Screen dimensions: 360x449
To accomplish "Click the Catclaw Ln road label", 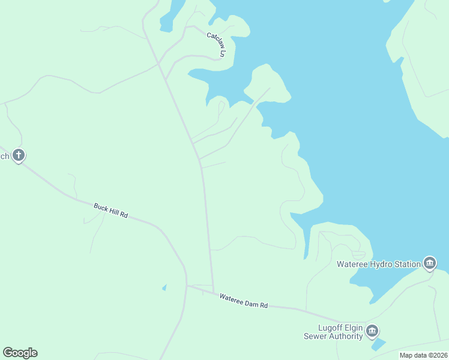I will pyautogui.click(x=216, y=44).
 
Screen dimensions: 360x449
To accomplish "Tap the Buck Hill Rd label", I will pyautogui.click(x=111, y=211).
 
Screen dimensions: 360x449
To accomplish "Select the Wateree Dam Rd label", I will pyautogui.click(x=243, y=301).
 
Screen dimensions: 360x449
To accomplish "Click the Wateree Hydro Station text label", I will pyautogui.click(x=378, y=263).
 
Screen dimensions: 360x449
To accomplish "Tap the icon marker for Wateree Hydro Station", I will pyautogui.click(x=430, y=263).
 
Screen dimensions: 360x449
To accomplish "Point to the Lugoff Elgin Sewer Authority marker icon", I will pyautogui.click(x=372, y=331).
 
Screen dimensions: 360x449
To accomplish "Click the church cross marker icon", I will pyautogui.click(x=19, y=156).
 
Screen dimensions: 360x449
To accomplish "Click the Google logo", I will pyautogui.click(x=20, y=353).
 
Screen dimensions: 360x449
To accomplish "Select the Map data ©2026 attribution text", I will pyautogui.click(x=423, y=355).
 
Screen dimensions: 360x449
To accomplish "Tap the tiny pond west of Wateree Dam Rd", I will pyautogui.click(x=164, y=287).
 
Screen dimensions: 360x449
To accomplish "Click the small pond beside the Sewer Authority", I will pyautogui.click(x=378, y=344).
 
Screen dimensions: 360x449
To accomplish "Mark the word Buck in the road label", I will pyautogui.click(x=101, y=207).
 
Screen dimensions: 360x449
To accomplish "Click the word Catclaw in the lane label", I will pyautogui.click(x=214, y=39).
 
